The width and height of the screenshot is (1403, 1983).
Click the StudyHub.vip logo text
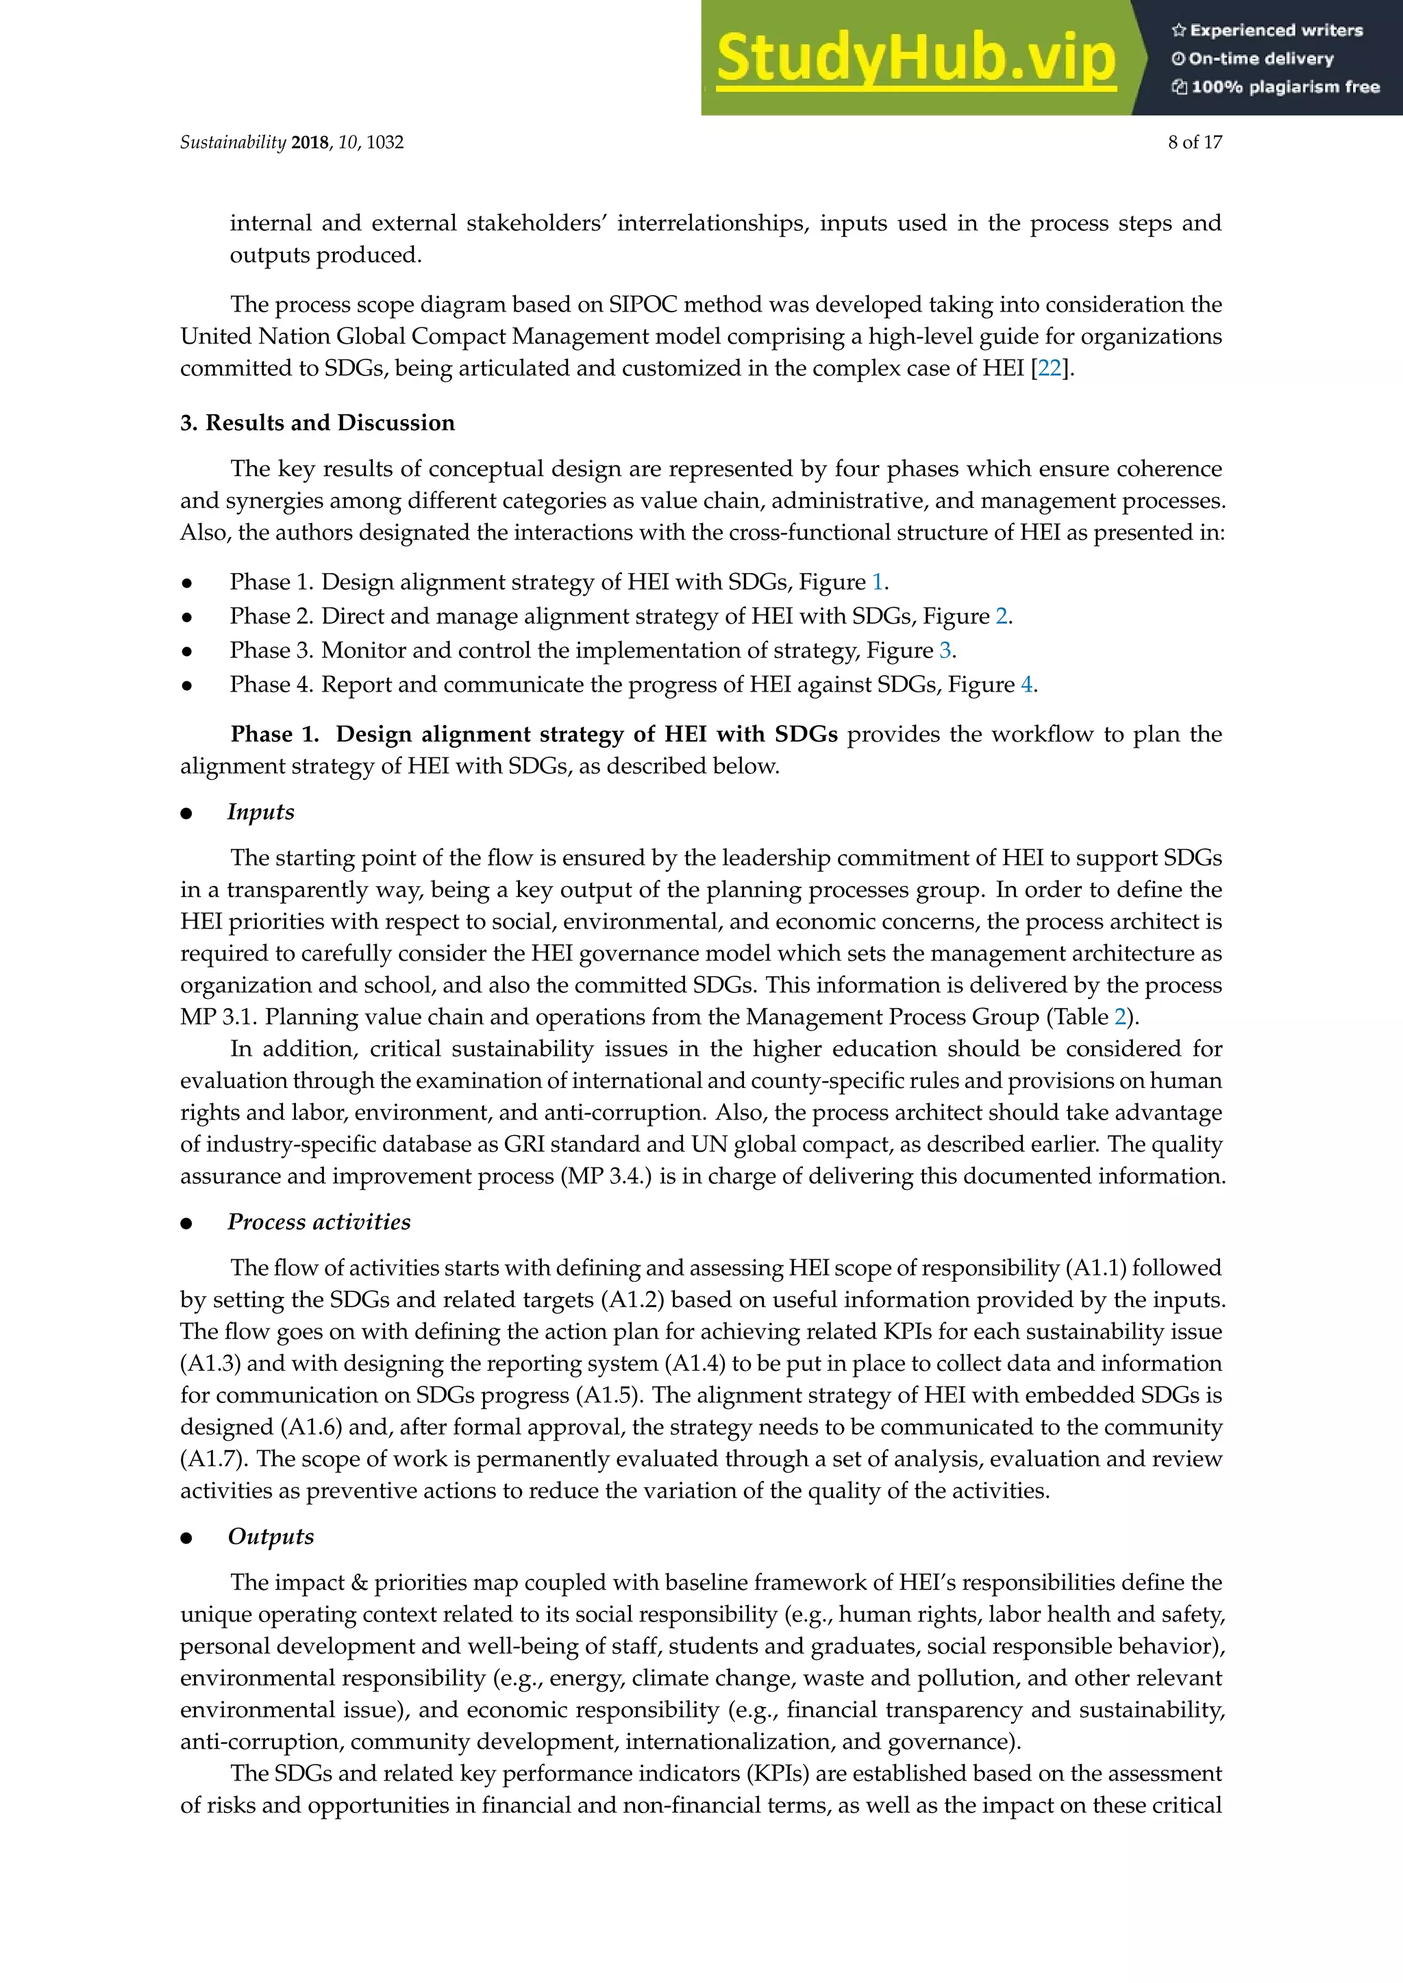click(916, 59)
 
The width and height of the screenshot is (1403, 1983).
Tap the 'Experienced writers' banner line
click(1267, 30)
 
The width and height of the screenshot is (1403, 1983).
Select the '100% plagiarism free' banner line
click(1275, 86)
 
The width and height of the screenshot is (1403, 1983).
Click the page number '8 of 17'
click(1194, 142)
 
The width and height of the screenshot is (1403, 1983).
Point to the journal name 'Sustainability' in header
click(232, 142)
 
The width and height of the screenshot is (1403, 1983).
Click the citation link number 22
click(1049, 369)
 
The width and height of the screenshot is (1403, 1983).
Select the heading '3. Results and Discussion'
click(317, 422)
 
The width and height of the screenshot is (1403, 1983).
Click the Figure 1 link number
click(877, 582)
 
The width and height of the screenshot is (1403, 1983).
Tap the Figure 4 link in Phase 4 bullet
click(1026, 685)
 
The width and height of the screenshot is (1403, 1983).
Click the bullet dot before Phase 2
click(186, 618)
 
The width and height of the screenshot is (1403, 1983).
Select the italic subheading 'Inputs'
click(260, 812)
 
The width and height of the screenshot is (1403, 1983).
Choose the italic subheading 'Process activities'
click(319, 1222)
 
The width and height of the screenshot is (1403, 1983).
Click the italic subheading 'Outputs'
click(271, 1537)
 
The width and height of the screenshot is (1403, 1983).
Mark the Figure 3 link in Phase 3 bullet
click(945, 651)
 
